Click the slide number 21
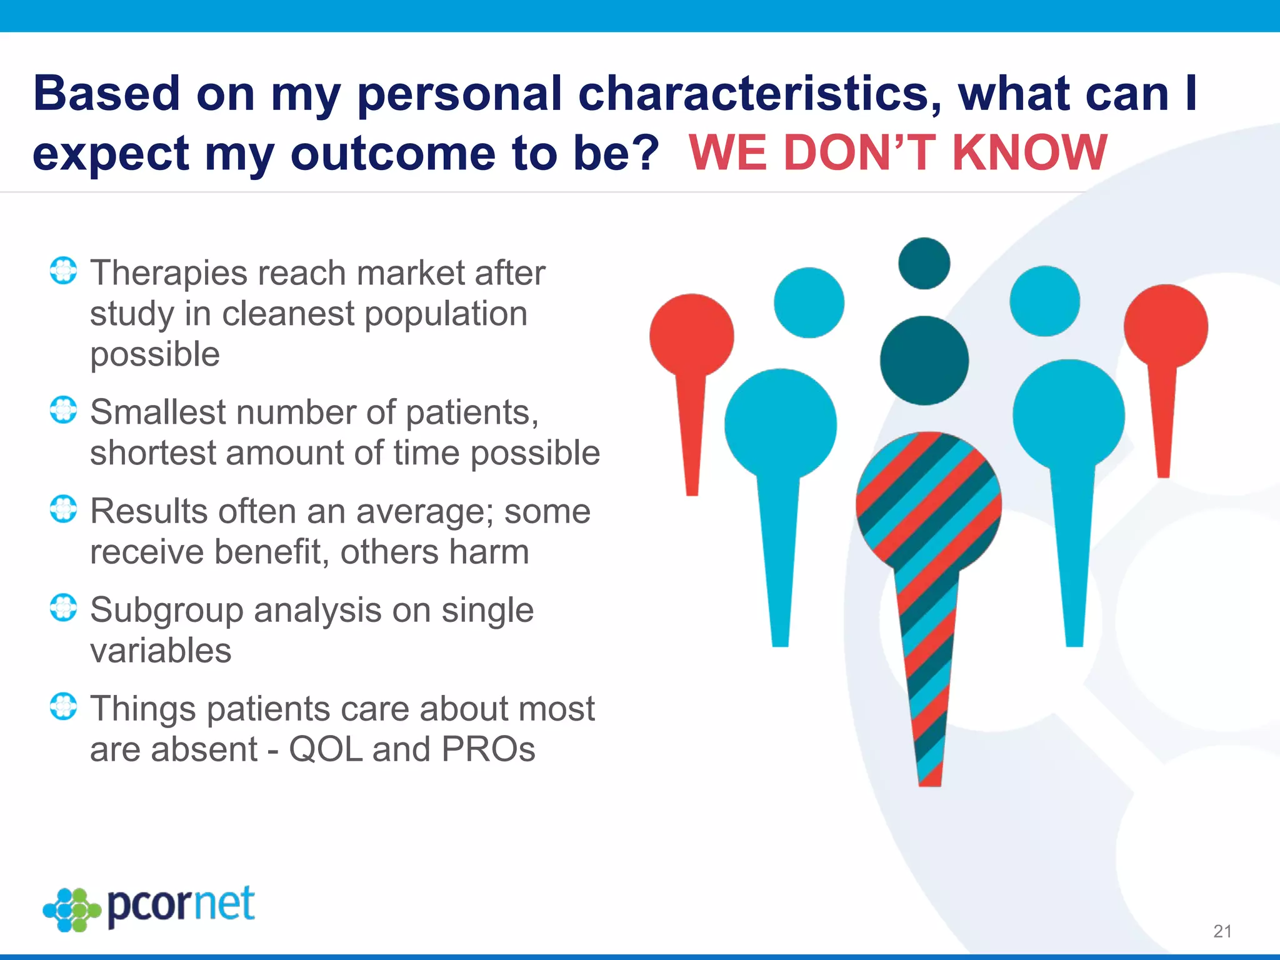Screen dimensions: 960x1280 pos(1222,931)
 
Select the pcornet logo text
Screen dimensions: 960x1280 pos(181,906)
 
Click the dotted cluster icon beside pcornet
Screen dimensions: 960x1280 pos(71,910)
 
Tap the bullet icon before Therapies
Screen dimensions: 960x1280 pos(63,271)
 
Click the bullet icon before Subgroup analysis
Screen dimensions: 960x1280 pos(63,607)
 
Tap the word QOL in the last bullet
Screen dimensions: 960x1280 pos(325,749)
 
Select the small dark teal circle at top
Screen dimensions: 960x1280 pos(924,264)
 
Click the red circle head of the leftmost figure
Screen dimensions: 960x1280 pos(691,336)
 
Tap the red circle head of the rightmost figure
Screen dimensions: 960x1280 pos(1166,326)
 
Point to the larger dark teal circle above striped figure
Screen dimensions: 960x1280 pos(924,361)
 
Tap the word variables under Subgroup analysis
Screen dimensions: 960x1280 pos(161,651)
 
